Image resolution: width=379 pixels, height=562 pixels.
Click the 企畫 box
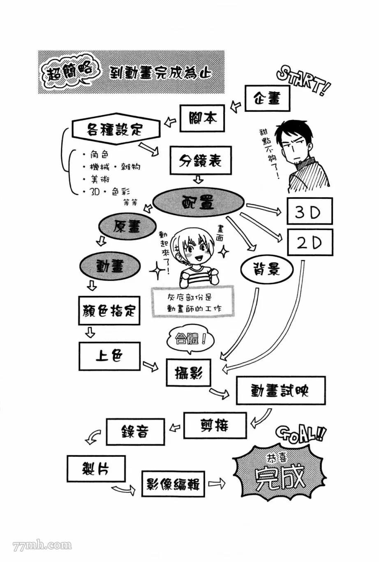[268, 99]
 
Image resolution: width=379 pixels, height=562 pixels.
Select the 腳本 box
[203, 118]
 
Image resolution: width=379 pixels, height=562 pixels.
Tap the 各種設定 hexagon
[116, 130]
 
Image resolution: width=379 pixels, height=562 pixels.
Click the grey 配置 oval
[199, 203]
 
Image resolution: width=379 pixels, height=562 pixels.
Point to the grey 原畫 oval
[127, 227]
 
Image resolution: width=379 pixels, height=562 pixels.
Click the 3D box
[310, 212]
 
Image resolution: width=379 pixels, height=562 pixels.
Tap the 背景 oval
[267, 269]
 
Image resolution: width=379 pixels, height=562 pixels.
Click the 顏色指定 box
[109, 311]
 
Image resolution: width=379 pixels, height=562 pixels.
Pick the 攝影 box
[188, 372]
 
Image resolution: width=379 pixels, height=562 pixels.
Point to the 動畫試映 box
[280, 390]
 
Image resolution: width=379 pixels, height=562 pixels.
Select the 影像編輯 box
[173, 484]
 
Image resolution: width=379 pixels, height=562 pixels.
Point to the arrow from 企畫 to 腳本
[236, 106]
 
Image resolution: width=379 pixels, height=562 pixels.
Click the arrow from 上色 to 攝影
[150, 365]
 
